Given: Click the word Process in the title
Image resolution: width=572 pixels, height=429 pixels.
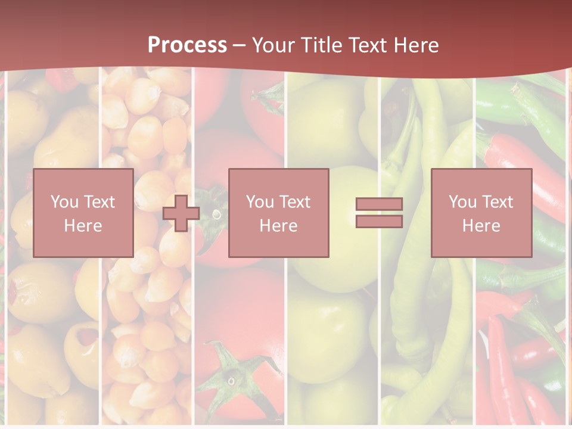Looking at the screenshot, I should [x=187, y=45].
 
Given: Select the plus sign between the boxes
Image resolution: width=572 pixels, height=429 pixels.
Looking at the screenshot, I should [x=181, y=213].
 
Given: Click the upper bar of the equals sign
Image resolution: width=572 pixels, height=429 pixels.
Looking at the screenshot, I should [x=379, y=204].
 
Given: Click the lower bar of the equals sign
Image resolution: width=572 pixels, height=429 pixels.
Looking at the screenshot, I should [x=379, y=222].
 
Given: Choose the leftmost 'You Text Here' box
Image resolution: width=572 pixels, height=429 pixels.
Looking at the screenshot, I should [x=83, y=213].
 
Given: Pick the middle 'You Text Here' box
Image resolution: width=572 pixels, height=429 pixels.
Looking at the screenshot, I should [x=278, y=213].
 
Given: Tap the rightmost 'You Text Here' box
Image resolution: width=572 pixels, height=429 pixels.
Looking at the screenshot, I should [x=481, y=213].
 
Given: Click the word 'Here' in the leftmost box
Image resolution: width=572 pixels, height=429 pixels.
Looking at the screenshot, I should [x=83, y=226].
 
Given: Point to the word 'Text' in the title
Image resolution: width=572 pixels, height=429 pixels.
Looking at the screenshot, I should [x=368, y=45].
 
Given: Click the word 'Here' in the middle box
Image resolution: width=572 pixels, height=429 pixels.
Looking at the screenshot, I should [x=278, y=226].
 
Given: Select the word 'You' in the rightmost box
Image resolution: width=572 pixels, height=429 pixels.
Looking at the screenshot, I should [x=462, y=202].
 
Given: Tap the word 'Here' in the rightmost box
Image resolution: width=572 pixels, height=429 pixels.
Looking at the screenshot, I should [x=481, y=226].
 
